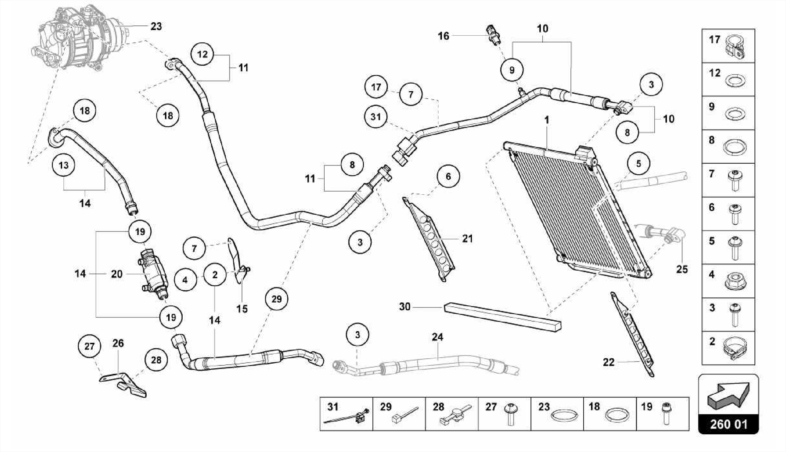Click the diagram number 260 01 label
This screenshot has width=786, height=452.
[728, 424]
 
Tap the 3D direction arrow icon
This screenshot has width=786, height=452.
[728, 395]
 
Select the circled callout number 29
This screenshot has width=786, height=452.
[276, 299]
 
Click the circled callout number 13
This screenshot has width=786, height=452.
[63, 165]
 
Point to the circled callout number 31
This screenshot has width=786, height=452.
[376, 116]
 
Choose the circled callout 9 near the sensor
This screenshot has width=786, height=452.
[512, 70]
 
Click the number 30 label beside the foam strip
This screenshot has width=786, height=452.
[405, 307]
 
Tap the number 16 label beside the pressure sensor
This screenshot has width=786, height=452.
[443, 36]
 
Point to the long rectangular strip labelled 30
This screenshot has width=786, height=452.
[502, 317]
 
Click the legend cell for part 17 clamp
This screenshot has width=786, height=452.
[728, 46]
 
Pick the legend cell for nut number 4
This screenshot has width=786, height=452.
[728, 281]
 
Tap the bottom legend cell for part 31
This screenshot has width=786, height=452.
[346, 414]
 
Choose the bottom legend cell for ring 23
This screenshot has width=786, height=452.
[557, 414]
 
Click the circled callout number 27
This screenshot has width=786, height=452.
[89, 346]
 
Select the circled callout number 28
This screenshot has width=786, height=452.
[156, 360]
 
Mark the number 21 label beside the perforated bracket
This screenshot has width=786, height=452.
[467, 239]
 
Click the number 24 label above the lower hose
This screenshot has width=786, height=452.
[438, 337]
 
